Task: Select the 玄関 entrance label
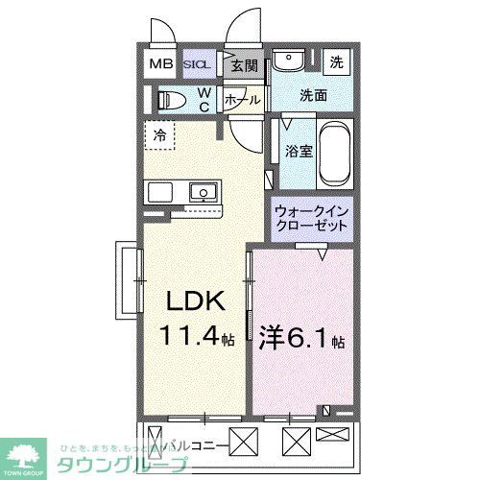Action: click(x=244, y=66)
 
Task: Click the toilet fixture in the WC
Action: click(x=174, y=99)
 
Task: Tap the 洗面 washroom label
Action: click(x=313, y=95)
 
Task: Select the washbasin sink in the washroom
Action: click(x=286, y=60)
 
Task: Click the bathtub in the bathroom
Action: click(x=334, y=154)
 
